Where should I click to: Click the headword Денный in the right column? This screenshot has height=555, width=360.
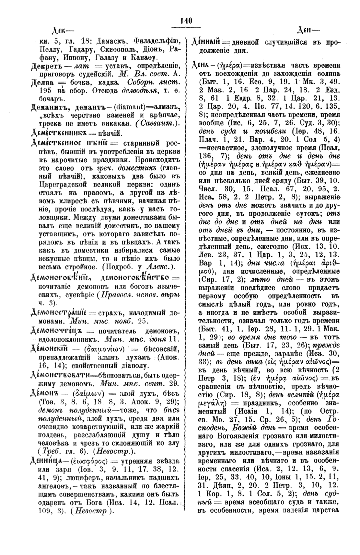click(207, 42)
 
